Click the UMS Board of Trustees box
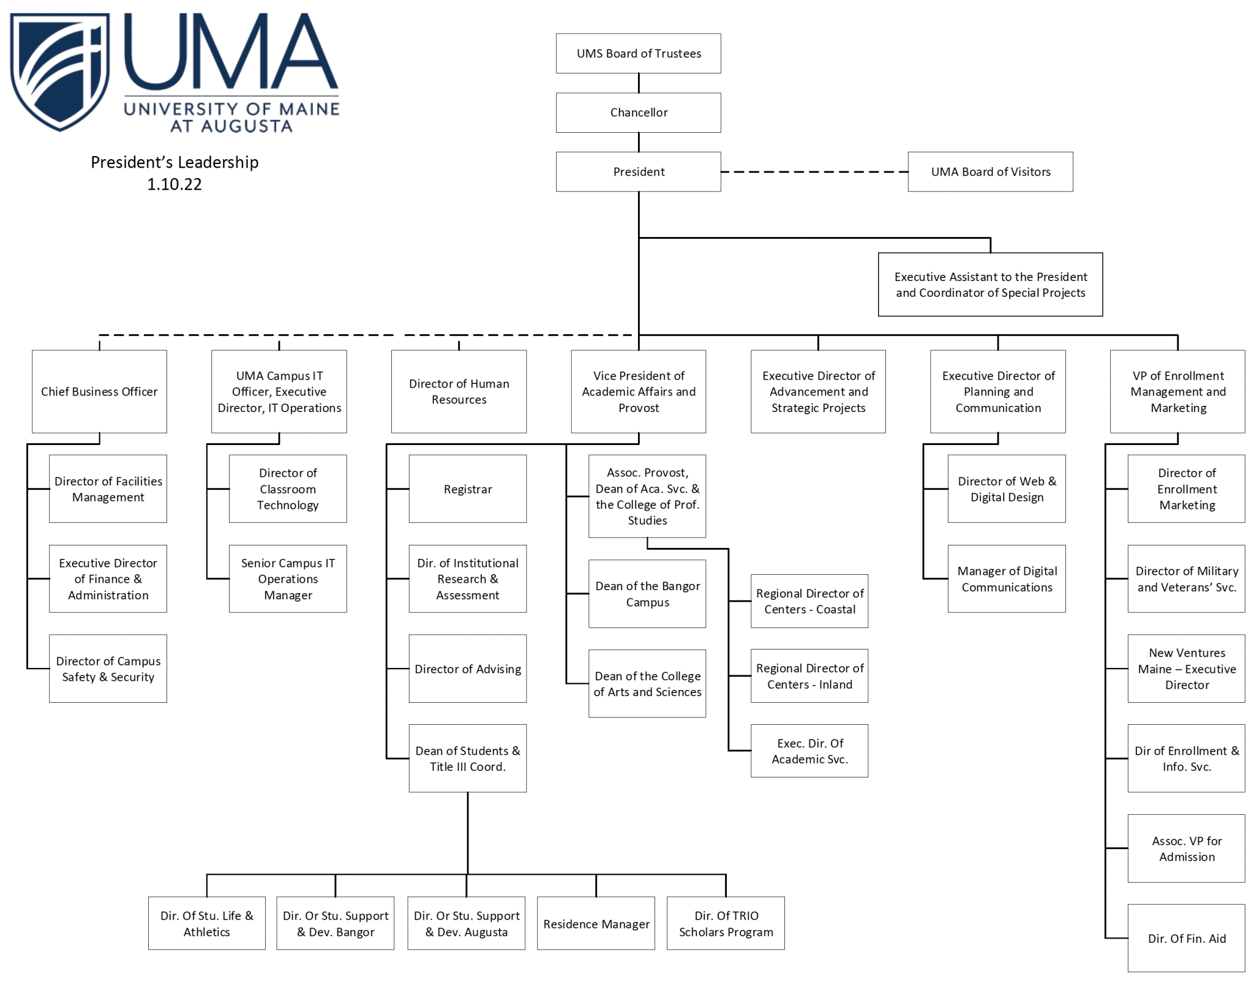[x=638, y=53]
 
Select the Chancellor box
[x=638, y=113]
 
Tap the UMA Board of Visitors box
[x=990, y=172]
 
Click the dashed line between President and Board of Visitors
[x=814, y=172]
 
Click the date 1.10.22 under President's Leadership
[x=175, y=184]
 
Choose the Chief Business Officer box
[x=99, y=392]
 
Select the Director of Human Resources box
[x=459, y=392]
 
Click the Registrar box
[x=467, y=489]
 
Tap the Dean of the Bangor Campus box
[x=647, y=594]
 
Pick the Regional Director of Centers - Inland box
[x=809, y=676]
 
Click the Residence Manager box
[x=596, y=924]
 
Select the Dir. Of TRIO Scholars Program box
[x=726, y=924]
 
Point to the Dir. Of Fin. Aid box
[x=1186, y=938]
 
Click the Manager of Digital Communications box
[x=1007, y=579]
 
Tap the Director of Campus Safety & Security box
[x=108, y=669]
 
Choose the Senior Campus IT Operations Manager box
[x=288, y=579]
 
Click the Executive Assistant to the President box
[x=990, y=285]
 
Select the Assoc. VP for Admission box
[x=1186, y=848]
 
